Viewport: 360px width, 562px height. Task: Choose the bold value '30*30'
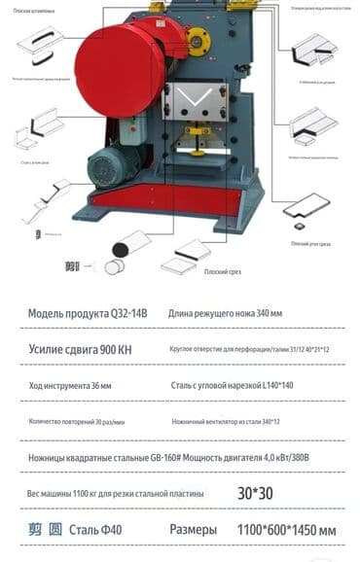pos(255,493)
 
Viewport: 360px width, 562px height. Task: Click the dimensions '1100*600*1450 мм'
pos(287,530)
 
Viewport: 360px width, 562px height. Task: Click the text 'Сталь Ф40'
pos(97,530)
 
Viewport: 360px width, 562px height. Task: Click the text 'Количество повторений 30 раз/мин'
pos(84,422)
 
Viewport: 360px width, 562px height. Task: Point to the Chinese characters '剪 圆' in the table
pos(45,530)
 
